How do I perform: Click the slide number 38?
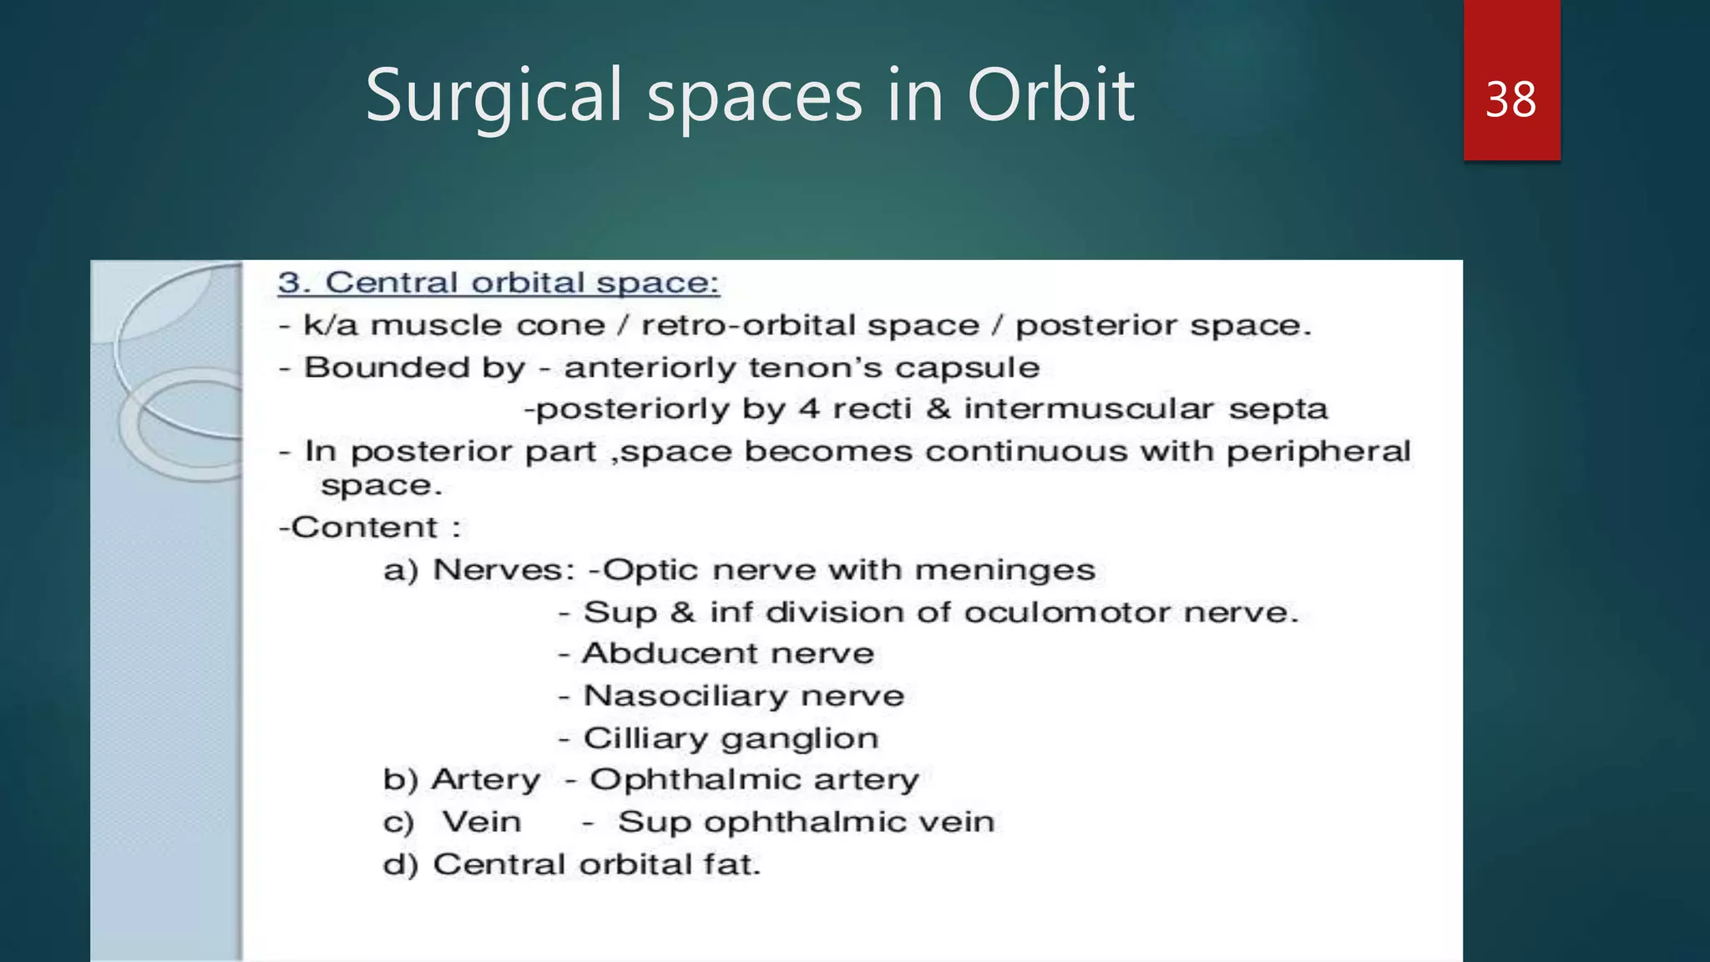point(1510,100)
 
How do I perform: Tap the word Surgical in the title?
point(494,97)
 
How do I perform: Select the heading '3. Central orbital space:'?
point(498,283)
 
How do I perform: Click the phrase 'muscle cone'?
point(488,326)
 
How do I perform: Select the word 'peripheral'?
point(1318,452)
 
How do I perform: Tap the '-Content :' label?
point(369,528)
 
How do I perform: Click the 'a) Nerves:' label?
point(478,570)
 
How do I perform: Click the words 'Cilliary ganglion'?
point(731,739)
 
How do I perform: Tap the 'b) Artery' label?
point(462,780)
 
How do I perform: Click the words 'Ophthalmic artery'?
point(754,780)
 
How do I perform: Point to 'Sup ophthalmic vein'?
point(806,823)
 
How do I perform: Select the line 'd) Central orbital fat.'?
point(572,864)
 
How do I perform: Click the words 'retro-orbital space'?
point(810,326)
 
